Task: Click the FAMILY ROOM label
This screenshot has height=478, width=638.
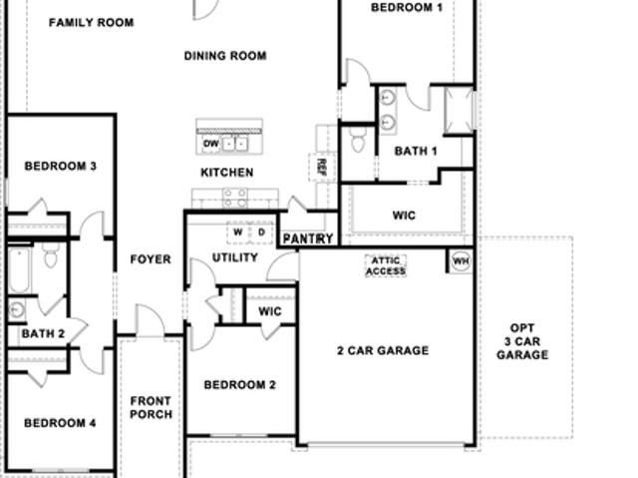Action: (91, 22)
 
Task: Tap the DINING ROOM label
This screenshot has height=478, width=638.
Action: (225, 56)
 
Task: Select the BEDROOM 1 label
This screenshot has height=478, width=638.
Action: (407, 7)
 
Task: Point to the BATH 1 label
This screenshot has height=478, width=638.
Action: (416, 152)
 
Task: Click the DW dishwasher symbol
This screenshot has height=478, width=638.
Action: (210, 144)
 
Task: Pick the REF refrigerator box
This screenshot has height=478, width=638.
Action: (322, 167)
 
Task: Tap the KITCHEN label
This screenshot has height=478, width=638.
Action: (227, 173)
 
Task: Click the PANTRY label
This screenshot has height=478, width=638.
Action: (308, 239)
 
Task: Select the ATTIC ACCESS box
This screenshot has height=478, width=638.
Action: (386, 266)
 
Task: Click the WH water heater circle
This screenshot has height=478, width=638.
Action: (461, 261)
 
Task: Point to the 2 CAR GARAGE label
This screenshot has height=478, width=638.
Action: (383, 350)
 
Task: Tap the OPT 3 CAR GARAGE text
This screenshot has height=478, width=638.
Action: (522, 341)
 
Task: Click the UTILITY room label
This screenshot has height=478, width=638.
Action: (235, 257)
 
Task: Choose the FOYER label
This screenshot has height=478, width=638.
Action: (151, 259)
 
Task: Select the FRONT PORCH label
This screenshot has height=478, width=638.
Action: (152, 408)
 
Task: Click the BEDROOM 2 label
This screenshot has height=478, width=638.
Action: (240, 385)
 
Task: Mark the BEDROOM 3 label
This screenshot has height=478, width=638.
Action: (61, 166)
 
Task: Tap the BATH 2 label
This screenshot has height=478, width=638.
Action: (43, 334)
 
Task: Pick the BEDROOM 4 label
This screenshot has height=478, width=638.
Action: (61, 423)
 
